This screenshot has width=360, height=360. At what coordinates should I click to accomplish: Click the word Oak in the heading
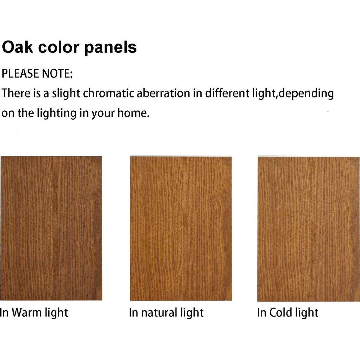17,47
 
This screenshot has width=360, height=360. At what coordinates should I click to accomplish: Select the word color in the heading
59,47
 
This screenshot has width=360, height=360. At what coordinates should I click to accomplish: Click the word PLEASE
20,73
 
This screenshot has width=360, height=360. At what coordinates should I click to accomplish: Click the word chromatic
108,93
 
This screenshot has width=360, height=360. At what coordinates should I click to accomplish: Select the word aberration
163,93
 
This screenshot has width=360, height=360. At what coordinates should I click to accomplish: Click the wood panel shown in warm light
51,228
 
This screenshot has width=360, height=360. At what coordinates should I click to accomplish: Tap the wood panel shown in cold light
309,229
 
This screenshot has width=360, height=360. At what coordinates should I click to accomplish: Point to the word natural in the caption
158,313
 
